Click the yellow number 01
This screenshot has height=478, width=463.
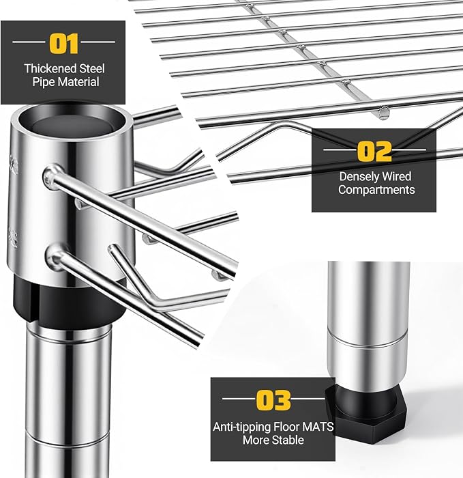[63, 44]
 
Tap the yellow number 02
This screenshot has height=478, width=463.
[374, 151]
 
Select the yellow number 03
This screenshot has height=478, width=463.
[273, 400]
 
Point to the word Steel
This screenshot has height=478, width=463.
[92, 68]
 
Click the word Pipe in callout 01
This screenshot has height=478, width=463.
[44, 83]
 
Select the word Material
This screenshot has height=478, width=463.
[78, 82]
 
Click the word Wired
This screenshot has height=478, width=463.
[397, 176]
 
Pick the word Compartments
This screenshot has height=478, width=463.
[376, 191]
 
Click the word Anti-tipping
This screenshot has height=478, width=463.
[241, 427]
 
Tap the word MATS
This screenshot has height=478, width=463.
[318, 427]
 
